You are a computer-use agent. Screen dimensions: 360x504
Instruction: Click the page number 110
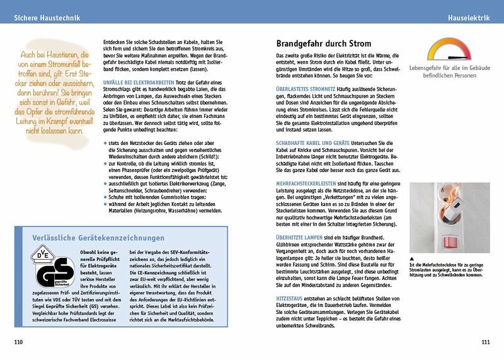click(19, 342)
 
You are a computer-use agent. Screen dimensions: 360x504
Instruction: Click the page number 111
click(484, 342)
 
